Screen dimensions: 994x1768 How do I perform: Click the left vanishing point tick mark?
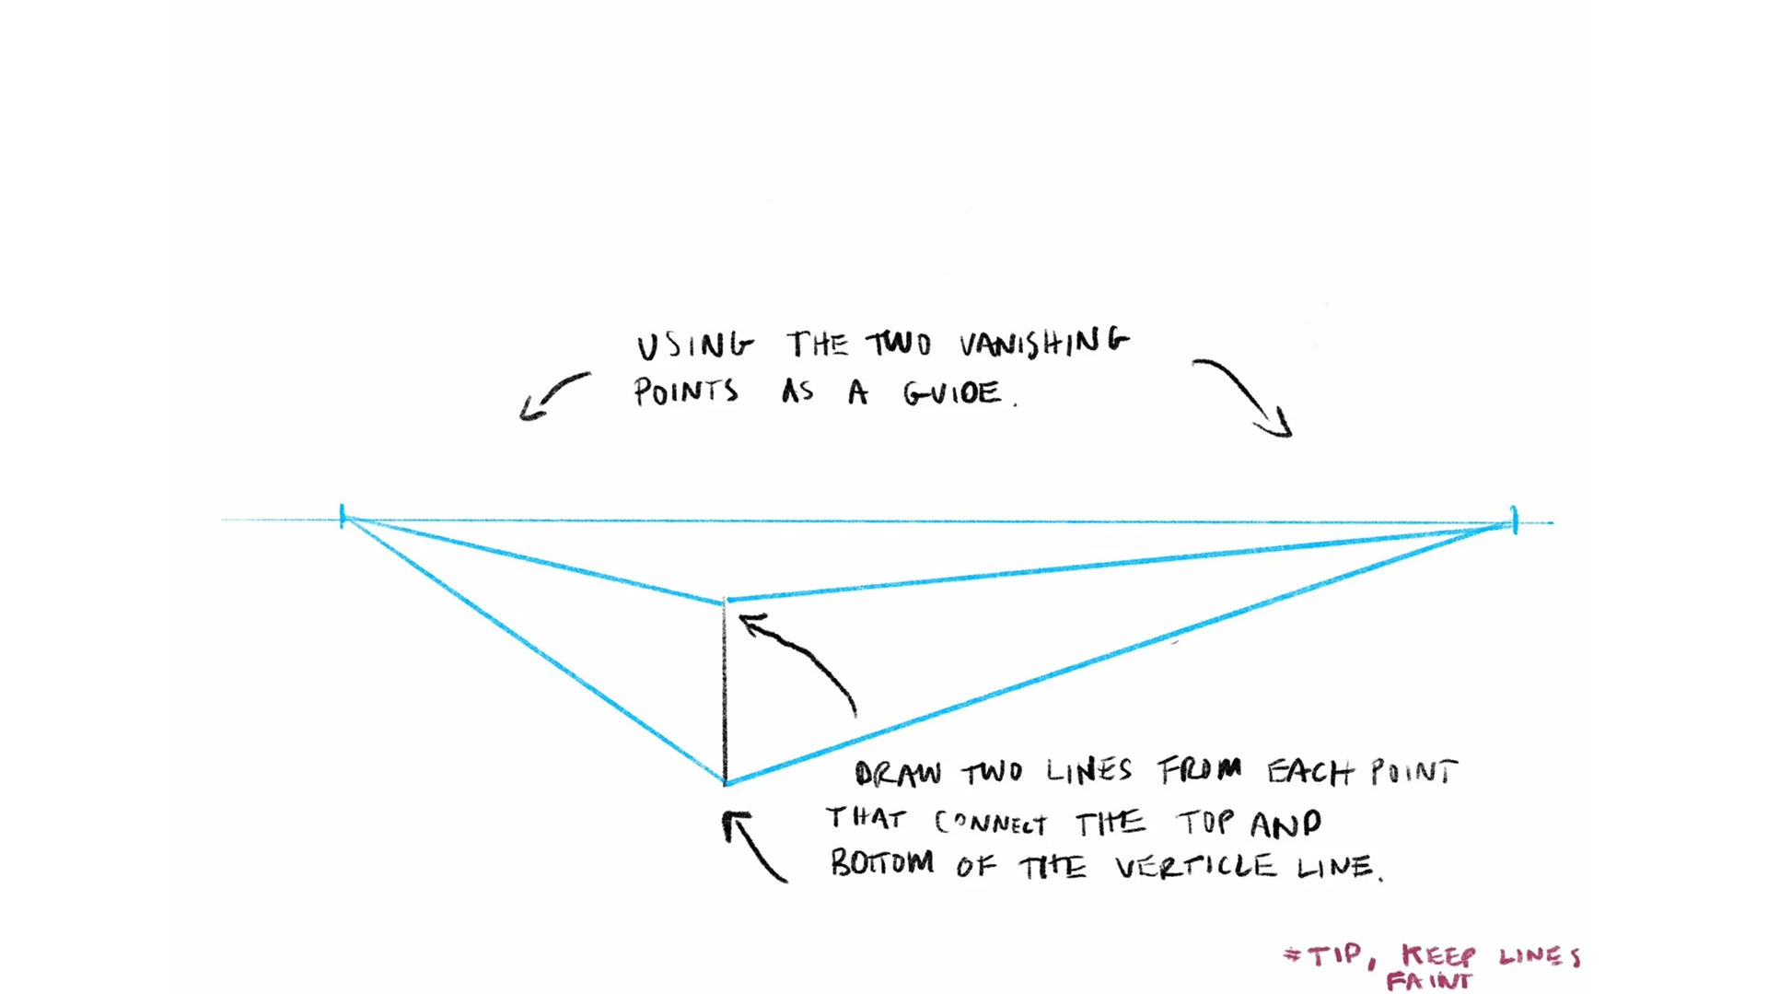(x=343, y=516)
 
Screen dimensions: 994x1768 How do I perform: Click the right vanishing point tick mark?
(x=1514, y=520)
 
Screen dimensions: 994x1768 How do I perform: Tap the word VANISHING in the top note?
(x=1043, y=343)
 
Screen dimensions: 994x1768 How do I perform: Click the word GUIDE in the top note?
(x=953, y=393)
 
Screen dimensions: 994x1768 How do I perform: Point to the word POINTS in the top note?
(x=686, y=392)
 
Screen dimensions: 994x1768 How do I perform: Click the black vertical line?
(x=725, y=691)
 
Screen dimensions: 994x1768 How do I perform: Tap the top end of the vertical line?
(x=725, y=602)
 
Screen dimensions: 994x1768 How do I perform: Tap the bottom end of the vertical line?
(x=726, y=782)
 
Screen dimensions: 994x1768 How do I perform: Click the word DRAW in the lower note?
(x=898, y=773)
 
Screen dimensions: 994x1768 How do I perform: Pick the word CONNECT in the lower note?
(x=991, y=822)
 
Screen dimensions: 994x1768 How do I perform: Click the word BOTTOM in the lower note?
(x=882, y=863)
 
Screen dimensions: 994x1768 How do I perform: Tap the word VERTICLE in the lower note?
(x=1195, y=866)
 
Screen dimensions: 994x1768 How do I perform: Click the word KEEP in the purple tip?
(x=1438, y=955)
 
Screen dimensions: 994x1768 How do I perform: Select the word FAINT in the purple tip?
(x=1429, y=981)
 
